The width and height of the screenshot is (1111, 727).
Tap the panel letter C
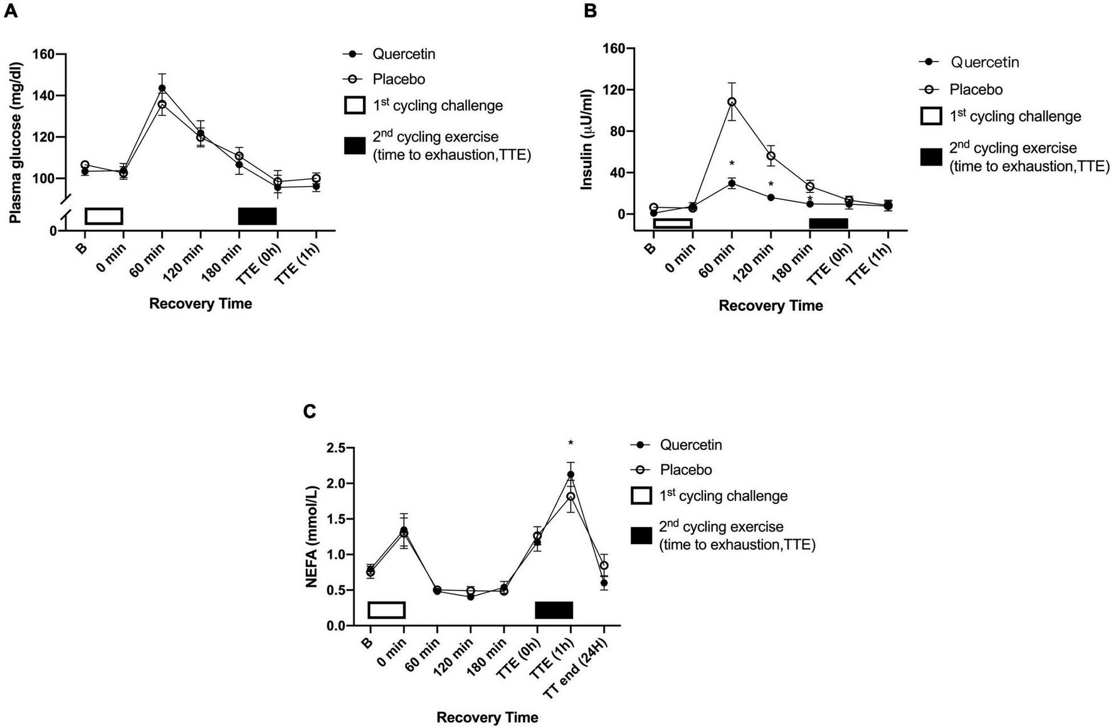tap(309, 412)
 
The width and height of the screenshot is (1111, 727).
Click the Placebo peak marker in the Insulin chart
tap(732, 102)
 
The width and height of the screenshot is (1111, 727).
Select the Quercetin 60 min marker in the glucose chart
tap(162, 88)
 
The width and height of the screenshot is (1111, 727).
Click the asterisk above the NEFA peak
tap(571, 444)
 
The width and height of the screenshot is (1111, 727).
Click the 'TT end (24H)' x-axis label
tap(582, 669)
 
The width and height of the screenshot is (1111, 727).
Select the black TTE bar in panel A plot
tap(257, 216)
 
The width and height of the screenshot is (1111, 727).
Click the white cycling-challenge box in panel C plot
tap(386, 610)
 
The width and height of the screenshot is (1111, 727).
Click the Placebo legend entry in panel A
tap(398, 80)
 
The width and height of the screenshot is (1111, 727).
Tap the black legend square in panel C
tap(641, 536)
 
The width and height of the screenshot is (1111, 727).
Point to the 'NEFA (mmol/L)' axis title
tap(312, 536)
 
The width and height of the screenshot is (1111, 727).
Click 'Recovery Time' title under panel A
tap(201, 304)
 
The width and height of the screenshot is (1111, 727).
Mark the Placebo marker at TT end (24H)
tap(604, 565)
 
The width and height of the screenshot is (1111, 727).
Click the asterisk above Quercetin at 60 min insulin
tap(732, 164)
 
